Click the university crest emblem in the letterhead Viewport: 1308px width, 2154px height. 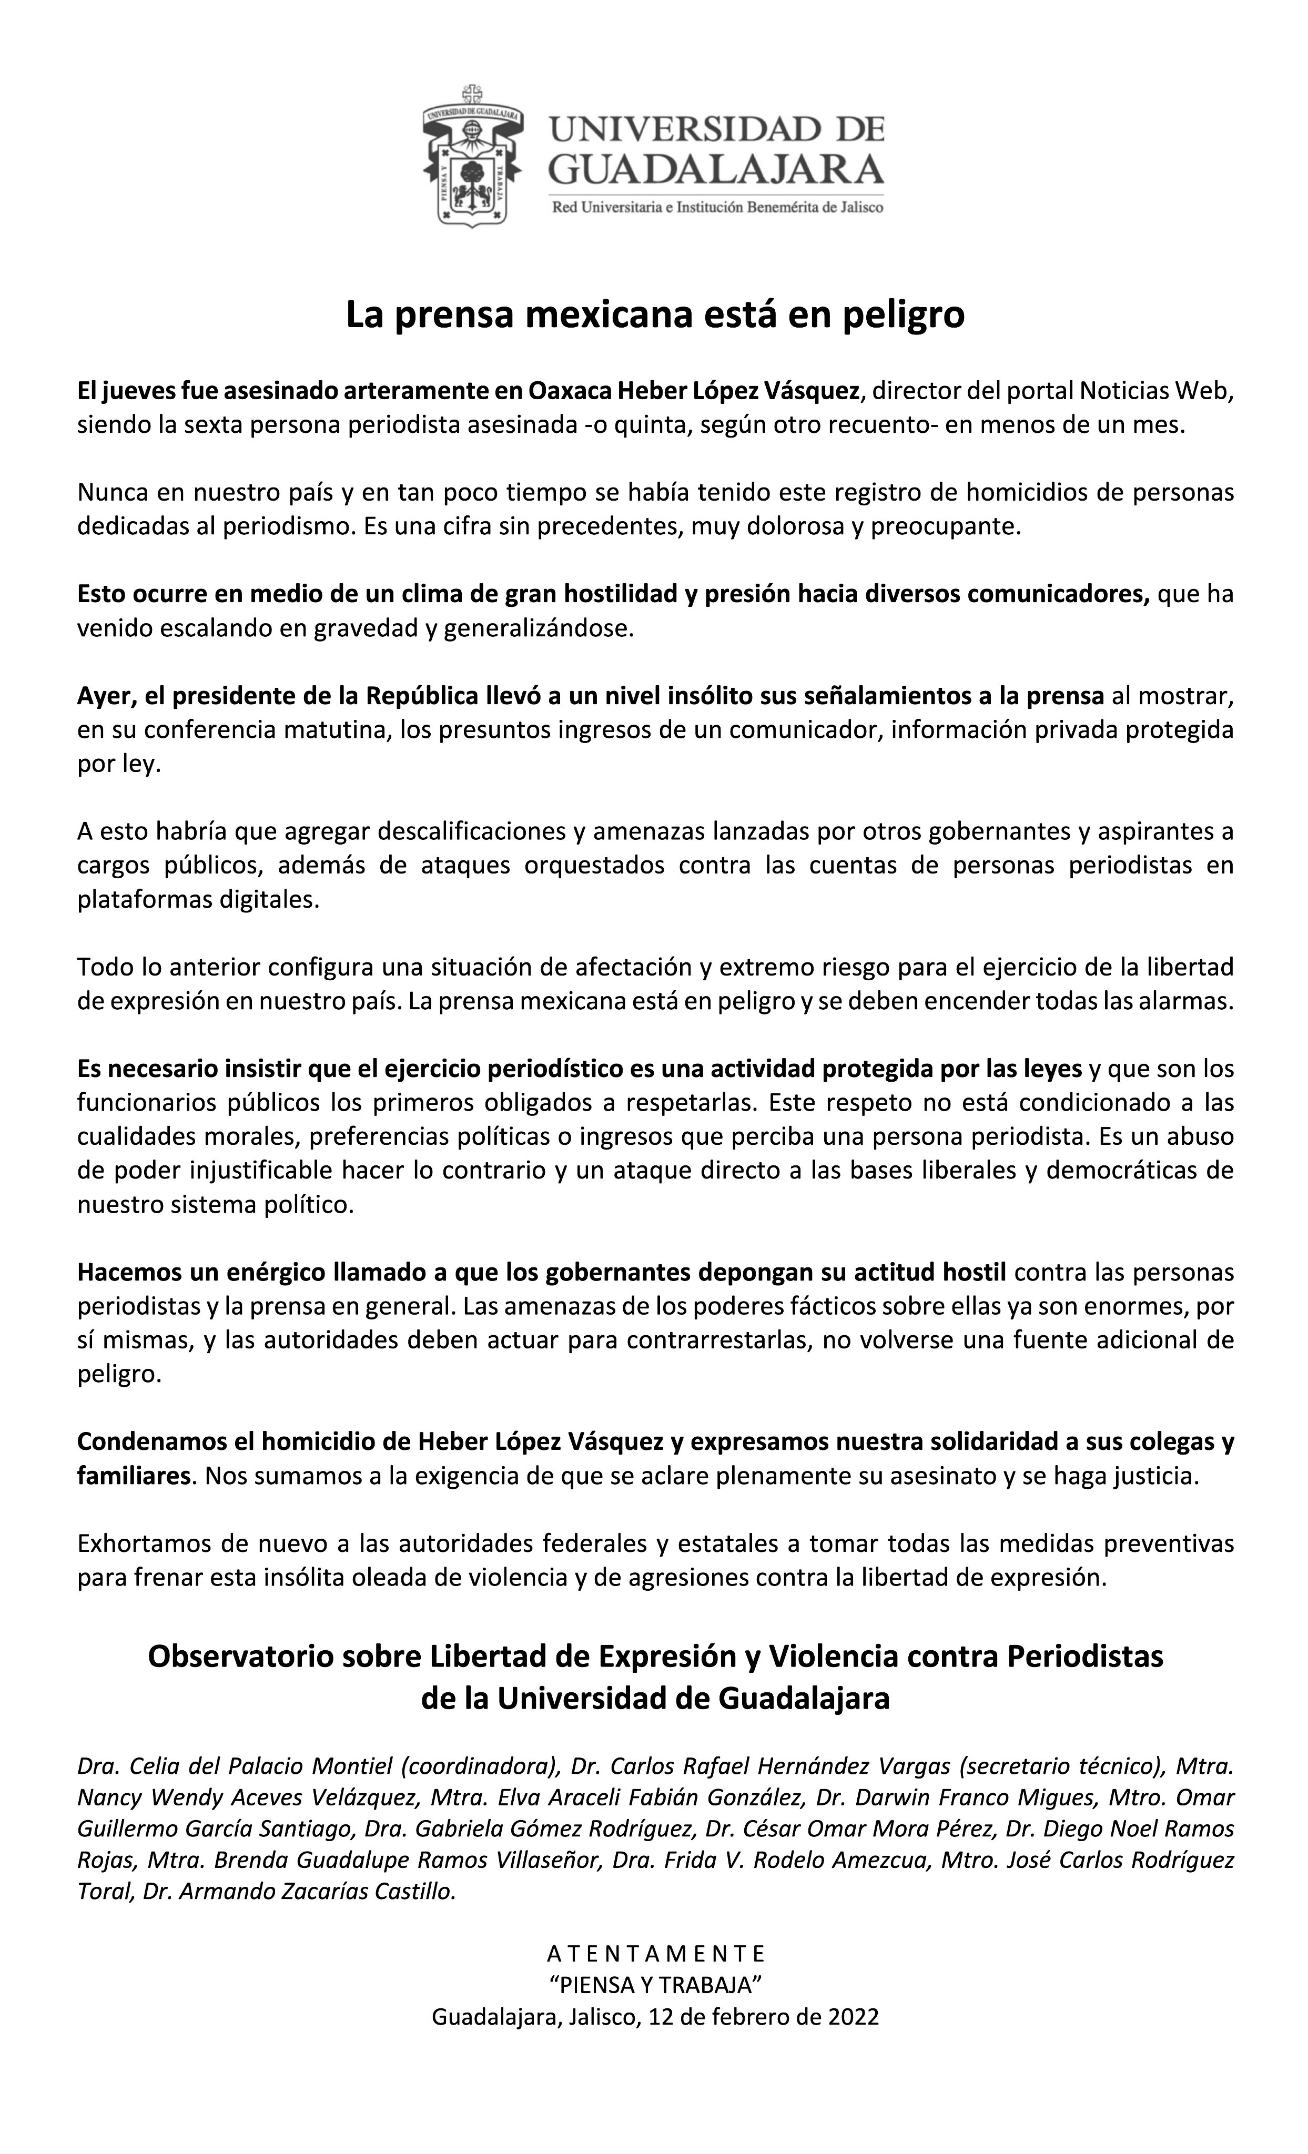pyautogui.click(x=472, y=156)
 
